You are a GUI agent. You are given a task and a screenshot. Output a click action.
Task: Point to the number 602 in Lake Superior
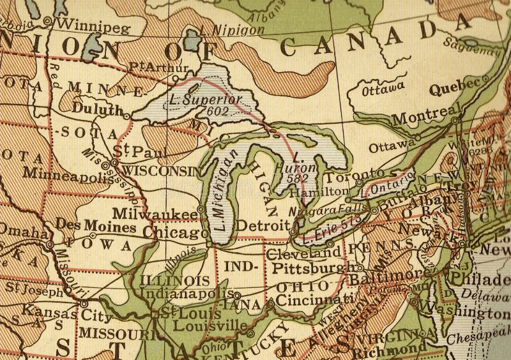tap(217, 110)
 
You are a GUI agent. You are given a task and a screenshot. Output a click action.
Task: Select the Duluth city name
tap(96, 109)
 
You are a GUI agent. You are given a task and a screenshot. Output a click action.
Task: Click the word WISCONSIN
tap(160, 170)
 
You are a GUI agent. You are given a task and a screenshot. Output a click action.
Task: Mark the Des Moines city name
tap(96, 226)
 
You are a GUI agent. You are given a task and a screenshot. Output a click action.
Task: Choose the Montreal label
tap(422, 119)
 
